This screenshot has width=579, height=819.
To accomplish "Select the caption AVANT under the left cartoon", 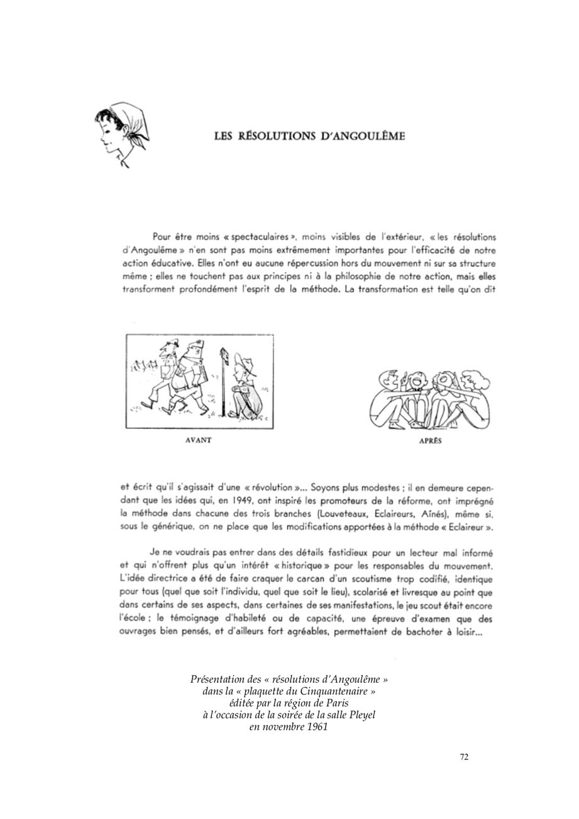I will (x=199, y=440).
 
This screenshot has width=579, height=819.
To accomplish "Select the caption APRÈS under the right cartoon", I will (x=430, y=441).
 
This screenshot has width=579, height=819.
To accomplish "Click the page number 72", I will (x=464, y=757).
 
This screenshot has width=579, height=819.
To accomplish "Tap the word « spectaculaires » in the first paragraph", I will (x=260, y=237).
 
